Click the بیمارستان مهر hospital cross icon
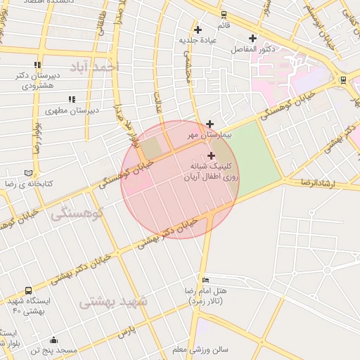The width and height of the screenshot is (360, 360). coord(210,124)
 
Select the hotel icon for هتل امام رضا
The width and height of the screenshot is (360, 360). coord(205,280)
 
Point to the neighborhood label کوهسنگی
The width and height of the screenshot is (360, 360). coord(77,212)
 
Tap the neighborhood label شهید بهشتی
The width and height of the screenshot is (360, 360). coord(113,302)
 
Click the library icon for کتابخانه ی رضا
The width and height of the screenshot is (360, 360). coord(28,173)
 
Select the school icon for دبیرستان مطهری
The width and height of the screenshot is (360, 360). coord(71,100)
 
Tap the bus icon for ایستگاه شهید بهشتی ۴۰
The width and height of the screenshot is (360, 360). coord(28,290)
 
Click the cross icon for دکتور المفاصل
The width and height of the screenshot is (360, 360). coord(252,38)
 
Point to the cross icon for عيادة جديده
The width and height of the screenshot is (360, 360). coord(198,30)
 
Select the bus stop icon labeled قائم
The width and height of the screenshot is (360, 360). coord(224,15)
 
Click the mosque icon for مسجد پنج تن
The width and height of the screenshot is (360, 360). coord(54,340)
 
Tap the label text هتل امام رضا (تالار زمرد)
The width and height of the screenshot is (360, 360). coord(209,295)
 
